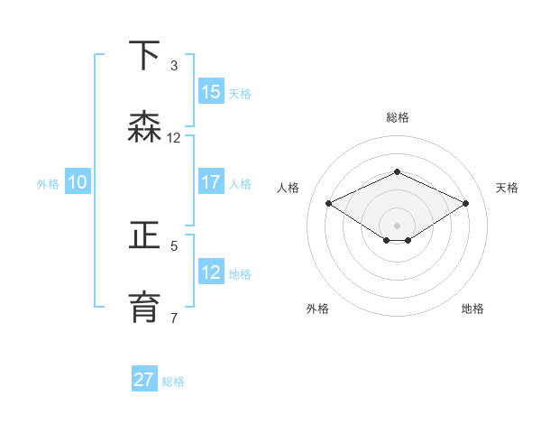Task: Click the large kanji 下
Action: (144, 55)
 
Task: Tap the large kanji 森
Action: (144, 126)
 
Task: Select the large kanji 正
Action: (144, 235)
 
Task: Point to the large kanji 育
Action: (144, 308)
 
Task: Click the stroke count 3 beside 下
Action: (174, 66)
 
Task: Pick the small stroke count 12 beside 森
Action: (173, 138)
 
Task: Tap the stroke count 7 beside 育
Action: (174, 318)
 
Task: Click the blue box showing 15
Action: (211, 91)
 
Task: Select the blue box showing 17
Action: (211, 181)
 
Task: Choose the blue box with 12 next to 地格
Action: (211, 271)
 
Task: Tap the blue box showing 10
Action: (78, 181)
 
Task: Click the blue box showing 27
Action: (144, 378)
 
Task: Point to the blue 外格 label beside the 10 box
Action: (48, 184)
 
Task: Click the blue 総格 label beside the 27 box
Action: (173, 382)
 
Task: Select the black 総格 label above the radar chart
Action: (398, 117)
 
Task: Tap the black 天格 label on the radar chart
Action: (507, 188)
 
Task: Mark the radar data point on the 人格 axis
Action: (329, 203)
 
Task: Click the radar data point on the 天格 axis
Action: (465, 203)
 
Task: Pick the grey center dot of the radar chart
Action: (397, 226)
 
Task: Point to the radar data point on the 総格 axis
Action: (397, 171)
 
